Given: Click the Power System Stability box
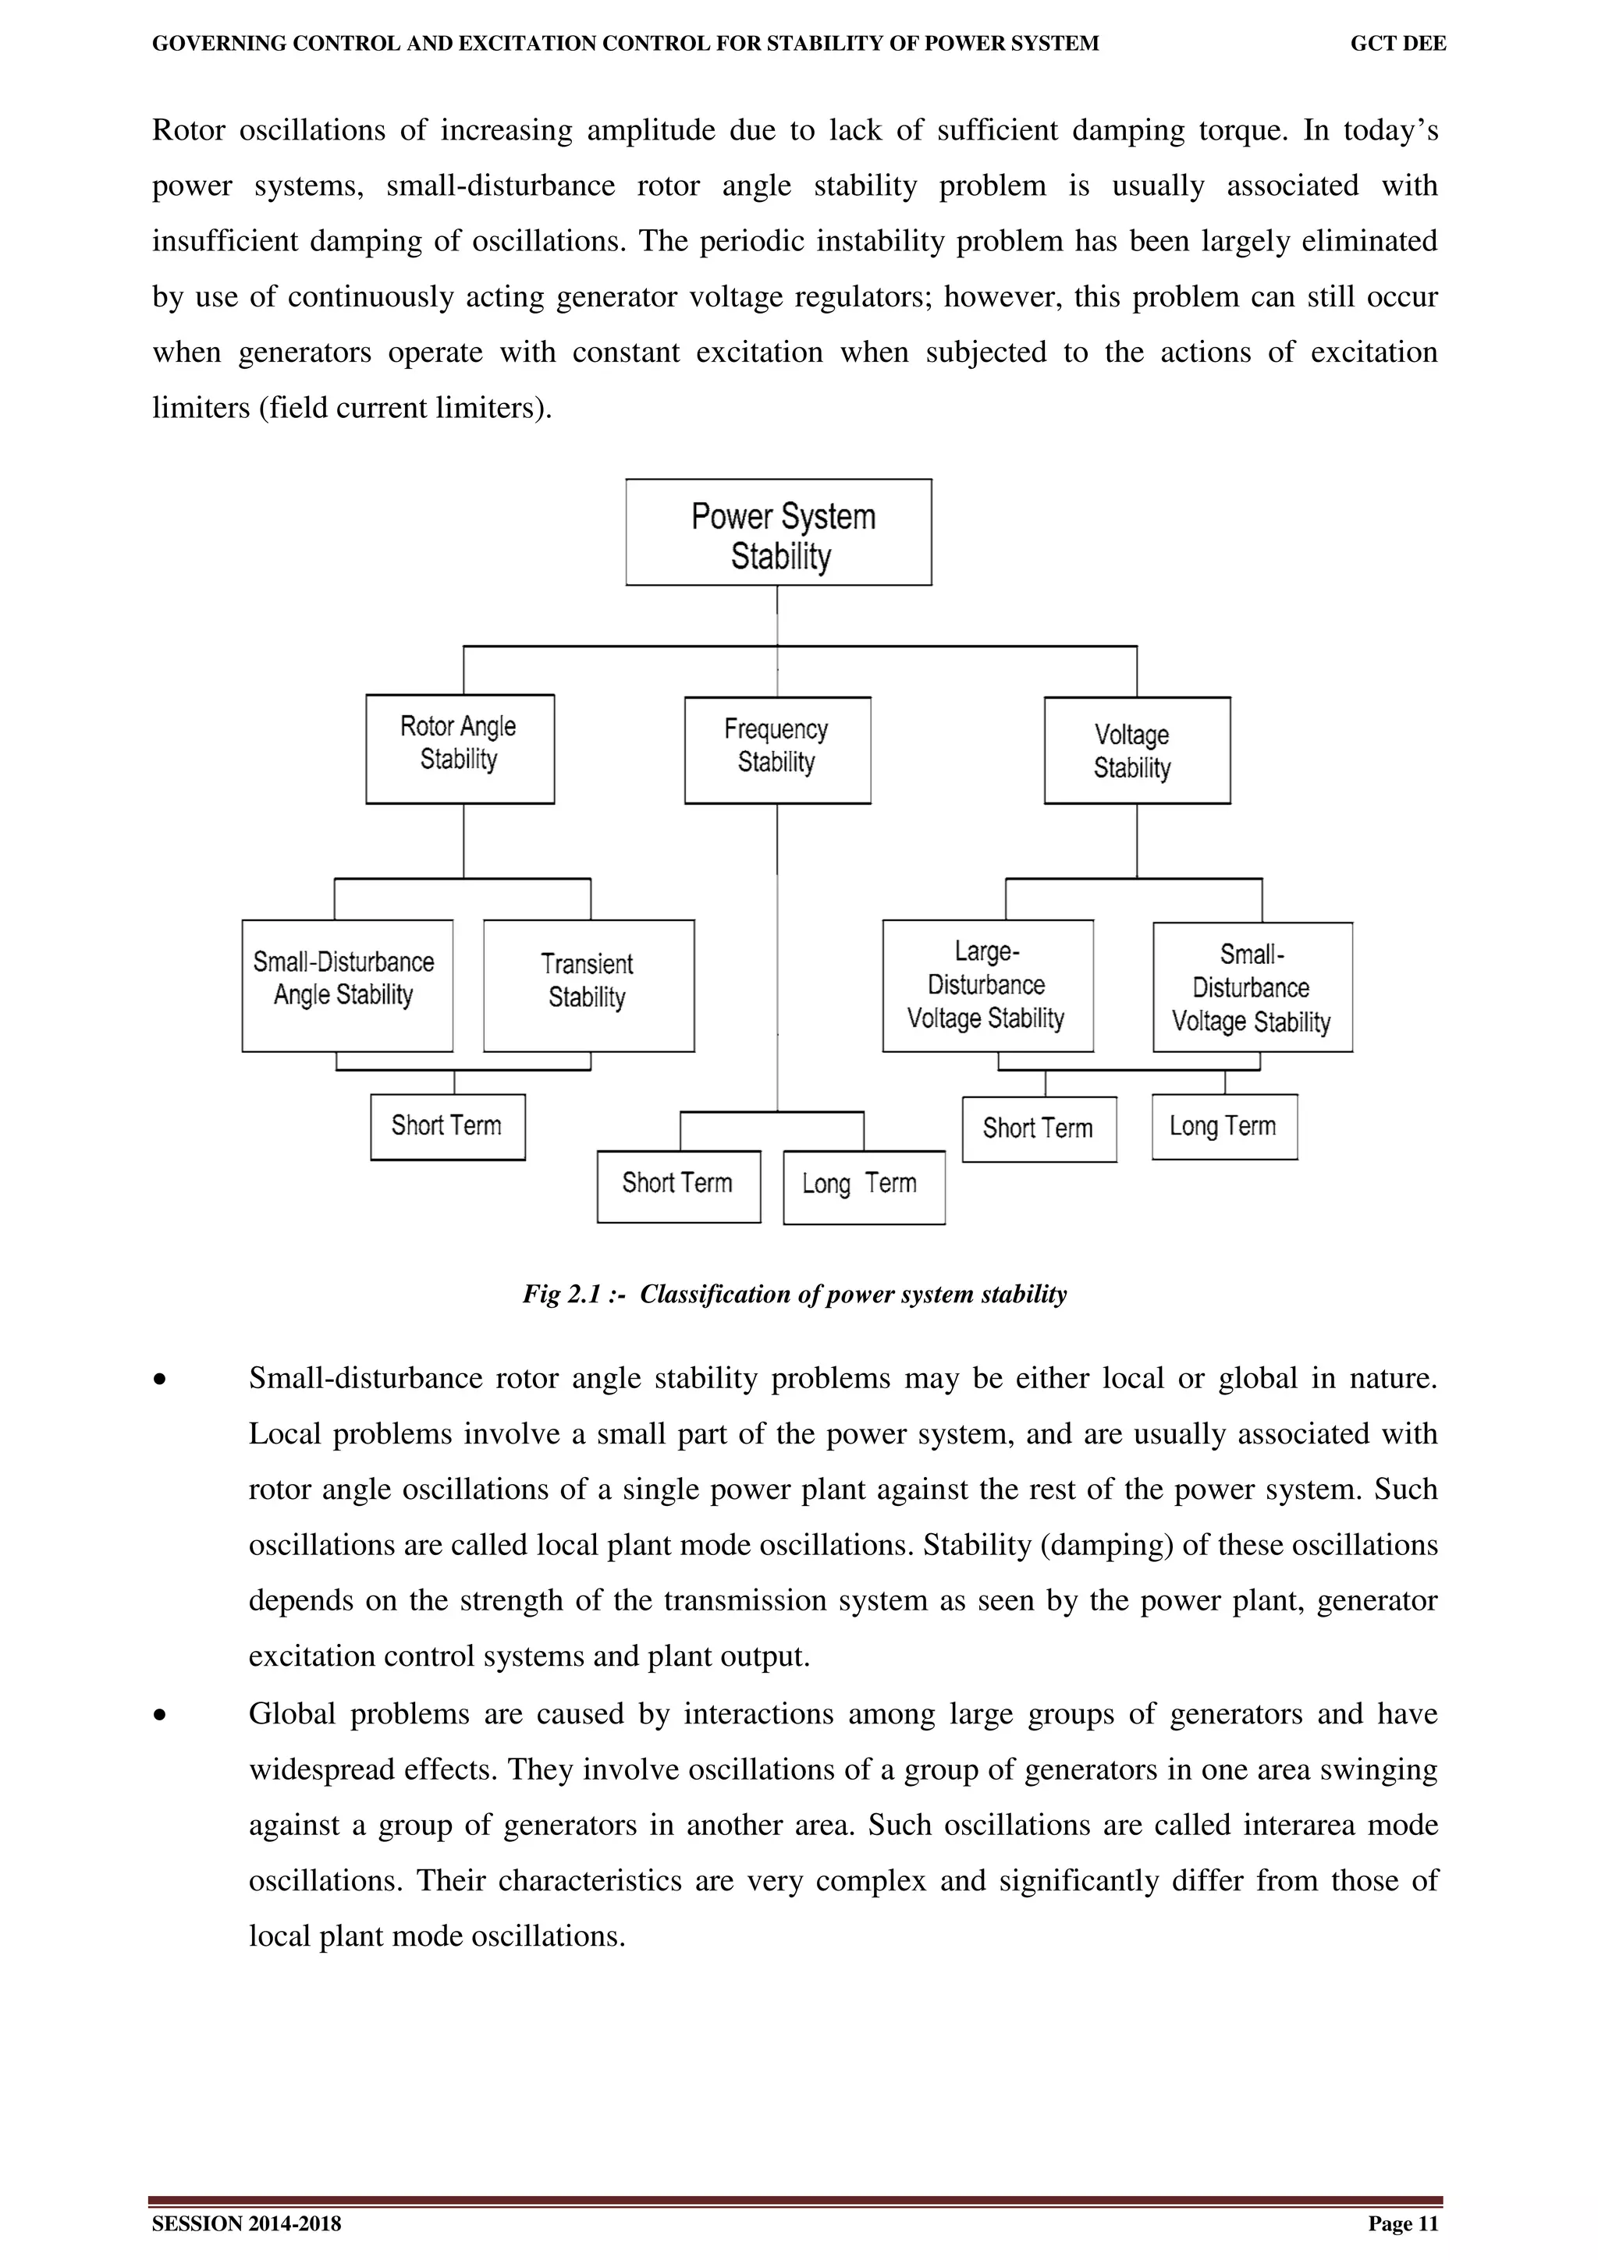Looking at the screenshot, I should point(778,533).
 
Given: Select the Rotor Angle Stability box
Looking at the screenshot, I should point(460,749).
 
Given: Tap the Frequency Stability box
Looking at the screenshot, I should point(777,750).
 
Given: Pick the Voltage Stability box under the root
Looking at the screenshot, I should point(1136,751).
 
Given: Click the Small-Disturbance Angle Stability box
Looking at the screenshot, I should point(346,985).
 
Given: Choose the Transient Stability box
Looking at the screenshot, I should point(588,985).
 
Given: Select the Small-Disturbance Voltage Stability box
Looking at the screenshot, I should point(1252,987).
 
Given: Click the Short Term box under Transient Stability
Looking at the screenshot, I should point(447,1127).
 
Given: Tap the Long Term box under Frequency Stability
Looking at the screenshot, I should point(864,1187).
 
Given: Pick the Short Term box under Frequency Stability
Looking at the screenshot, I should point(678,1186).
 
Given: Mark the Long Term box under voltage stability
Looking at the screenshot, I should point(1223,1127).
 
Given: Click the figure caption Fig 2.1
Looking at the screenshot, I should point(794,1295).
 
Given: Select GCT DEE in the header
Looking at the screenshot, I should point(1397,44).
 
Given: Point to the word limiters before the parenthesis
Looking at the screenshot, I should point(201,409).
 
